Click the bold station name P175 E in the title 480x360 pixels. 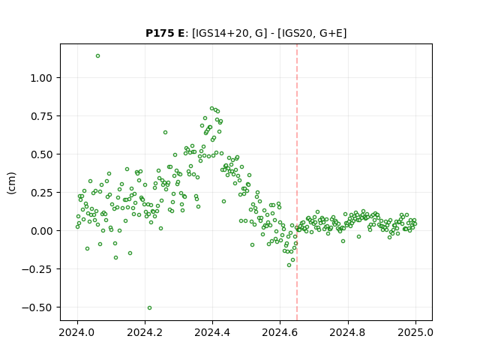click(165, 33)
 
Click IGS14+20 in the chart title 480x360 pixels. click(220, 33)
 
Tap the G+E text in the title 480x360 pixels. click(331, 33)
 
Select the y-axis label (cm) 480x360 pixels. click(12, 183)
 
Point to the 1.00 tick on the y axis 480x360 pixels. click(41, 78)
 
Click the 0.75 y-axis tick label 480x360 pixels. click(41, 116)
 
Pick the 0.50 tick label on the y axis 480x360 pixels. click(41, 154)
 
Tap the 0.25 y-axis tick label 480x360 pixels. click(41, 193)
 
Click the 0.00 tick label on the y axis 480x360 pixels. click(41, 231)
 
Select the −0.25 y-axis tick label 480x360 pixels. click(37, 269)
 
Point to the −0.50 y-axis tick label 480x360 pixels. click(37, 307)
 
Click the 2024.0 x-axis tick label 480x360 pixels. click(77, 332)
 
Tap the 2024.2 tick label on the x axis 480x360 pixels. click(145, 332)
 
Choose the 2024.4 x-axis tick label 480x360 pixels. click(212, 332)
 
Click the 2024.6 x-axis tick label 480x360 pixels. click(280, 332)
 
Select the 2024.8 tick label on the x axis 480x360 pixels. click(348, 332)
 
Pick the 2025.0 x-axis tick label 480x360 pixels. click(415, 332)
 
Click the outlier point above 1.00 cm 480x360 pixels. click(97, 56)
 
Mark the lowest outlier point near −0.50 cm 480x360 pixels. click(149, 308)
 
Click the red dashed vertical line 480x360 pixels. click(297, 182)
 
